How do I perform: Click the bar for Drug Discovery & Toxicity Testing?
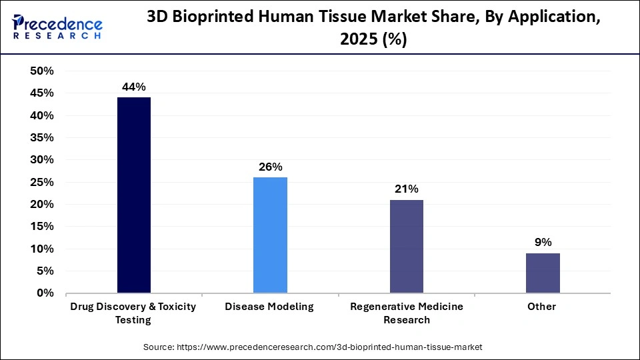133,195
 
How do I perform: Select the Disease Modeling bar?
270,235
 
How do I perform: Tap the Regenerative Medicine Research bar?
406,246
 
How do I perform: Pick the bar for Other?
543,273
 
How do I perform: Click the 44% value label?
133,87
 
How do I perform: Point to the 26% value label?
270,167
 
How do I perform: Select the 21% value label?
406,189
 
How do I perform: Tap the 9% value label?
543,242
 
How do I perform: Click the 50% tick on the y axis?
42,71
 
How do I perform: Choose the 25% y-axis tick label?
42,182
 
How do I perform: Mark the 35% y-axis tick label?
42,138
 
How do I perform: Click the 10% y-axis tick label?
42,249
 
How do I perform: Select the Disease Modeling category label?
269,307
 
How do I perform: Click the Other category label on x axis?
542,307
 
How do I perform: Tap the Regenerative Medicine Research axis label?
406,313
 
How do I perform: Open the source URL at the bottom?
313,347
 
